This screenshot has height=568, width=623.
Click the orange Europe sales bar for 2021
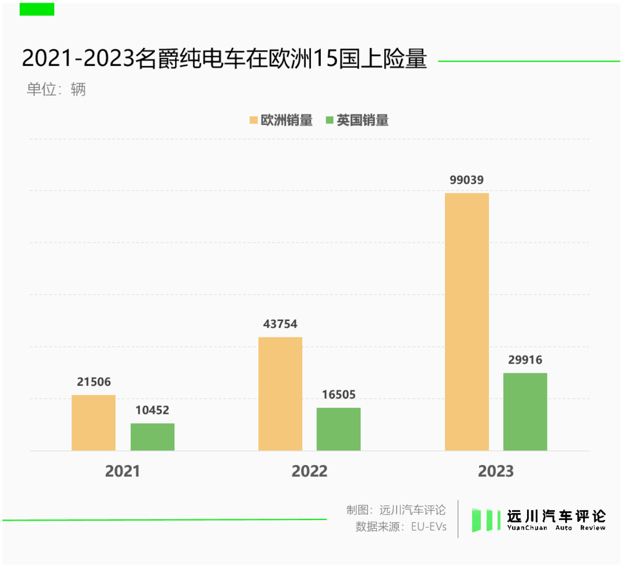[x=93, y=423]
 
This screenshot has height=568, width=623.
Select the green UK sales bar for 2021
[x=152, y=437]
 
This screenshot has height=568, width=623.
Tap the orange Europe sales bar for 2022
[x=280, y=393]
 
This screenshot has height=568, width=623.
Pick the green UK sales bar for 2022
[x=338, y=429]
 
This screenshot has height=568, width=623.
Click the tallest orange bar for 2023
[x=467, y=322]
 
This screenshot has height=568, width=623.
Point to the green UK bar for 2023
[x=525, y=412]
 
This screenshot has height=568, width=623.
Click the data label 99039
[x=467, y=180]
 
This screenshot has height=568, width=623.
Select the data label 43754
[x=280, y=324]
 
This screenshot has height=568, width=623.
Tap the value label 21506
[x=93, y=382]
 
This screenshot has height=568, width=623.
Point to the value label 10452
[x=152, y=410]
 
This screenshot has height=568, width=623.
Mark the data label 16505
[x=338, y=395]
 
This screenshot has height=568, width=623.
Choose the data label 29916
[x=525, y=360]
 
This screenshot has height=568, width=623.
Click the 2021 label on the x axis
[x=123, y=471]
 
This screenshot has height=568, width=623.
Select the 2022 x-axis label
[x=309, y=471]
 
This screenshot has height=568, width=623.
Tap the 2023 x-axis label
[x=496, y=471]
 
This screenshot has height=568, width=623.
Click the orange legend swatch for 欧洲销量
[x=254, y=120]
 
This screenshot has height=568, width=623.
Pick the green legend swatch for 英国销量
[x=330, y=120]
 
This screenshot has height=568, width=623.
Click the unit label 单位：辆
[x=55, y=89]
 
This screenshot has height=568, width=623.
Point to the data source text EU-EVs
[x=429, y=526]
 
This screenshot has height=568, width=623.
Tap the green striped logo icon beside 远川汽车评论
[x=486, y=519]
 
